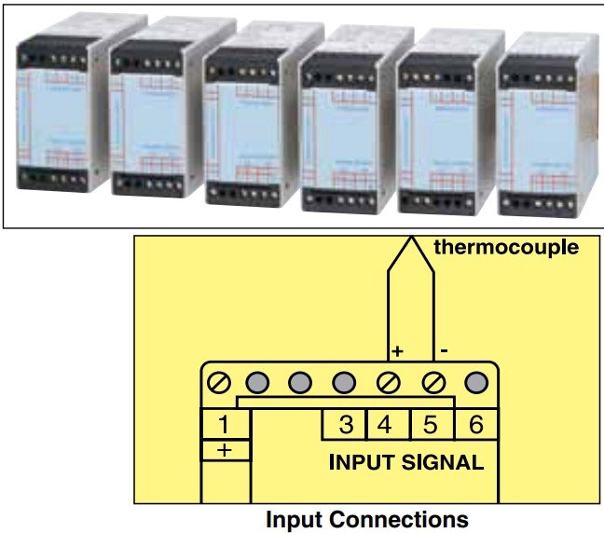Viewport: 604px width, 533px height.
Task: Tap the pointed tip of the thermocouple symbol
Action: click(x=412, y=239)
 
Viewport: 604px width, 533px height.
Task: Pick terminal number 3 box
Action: click(x=345, y=424)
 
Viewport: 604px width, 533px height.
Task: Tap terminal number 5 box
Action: click(x=432, y=424)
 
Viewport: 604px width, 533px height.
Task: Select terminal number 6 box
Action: click(x=475, y=424)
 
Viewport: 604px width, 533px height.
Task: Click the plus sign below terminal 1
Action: click(x=225, y=450)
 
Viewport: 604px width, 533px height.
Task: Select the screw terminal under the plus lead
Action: click(x=389, y=382)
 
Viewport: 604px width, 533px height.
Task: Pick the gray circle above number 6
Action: click(x=477, y=382)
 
